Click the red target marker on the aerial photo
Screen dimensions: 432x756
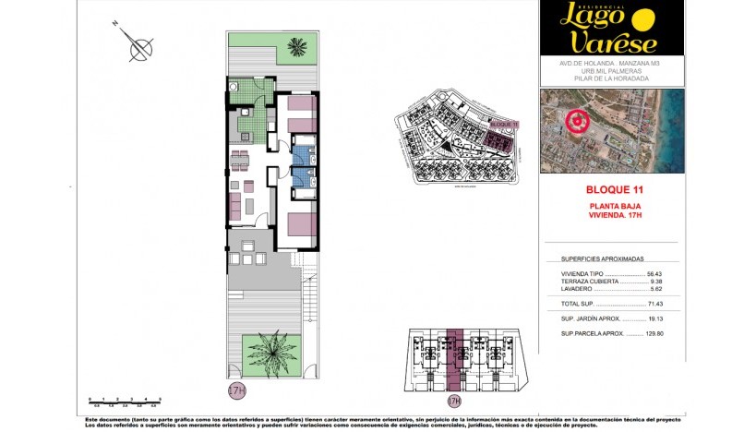click(577, 120)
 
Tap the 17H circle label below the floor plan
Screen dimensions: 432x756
click(237, 391)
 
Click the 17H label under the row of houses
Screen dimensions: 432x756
click(453, 402)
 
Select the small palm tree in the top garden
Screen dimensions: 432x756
click(297, 46)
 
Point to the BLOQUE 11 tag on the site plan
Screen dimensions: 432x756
click(504, 123)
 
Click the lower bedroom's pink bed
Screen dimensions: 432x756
click(300, 223)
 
